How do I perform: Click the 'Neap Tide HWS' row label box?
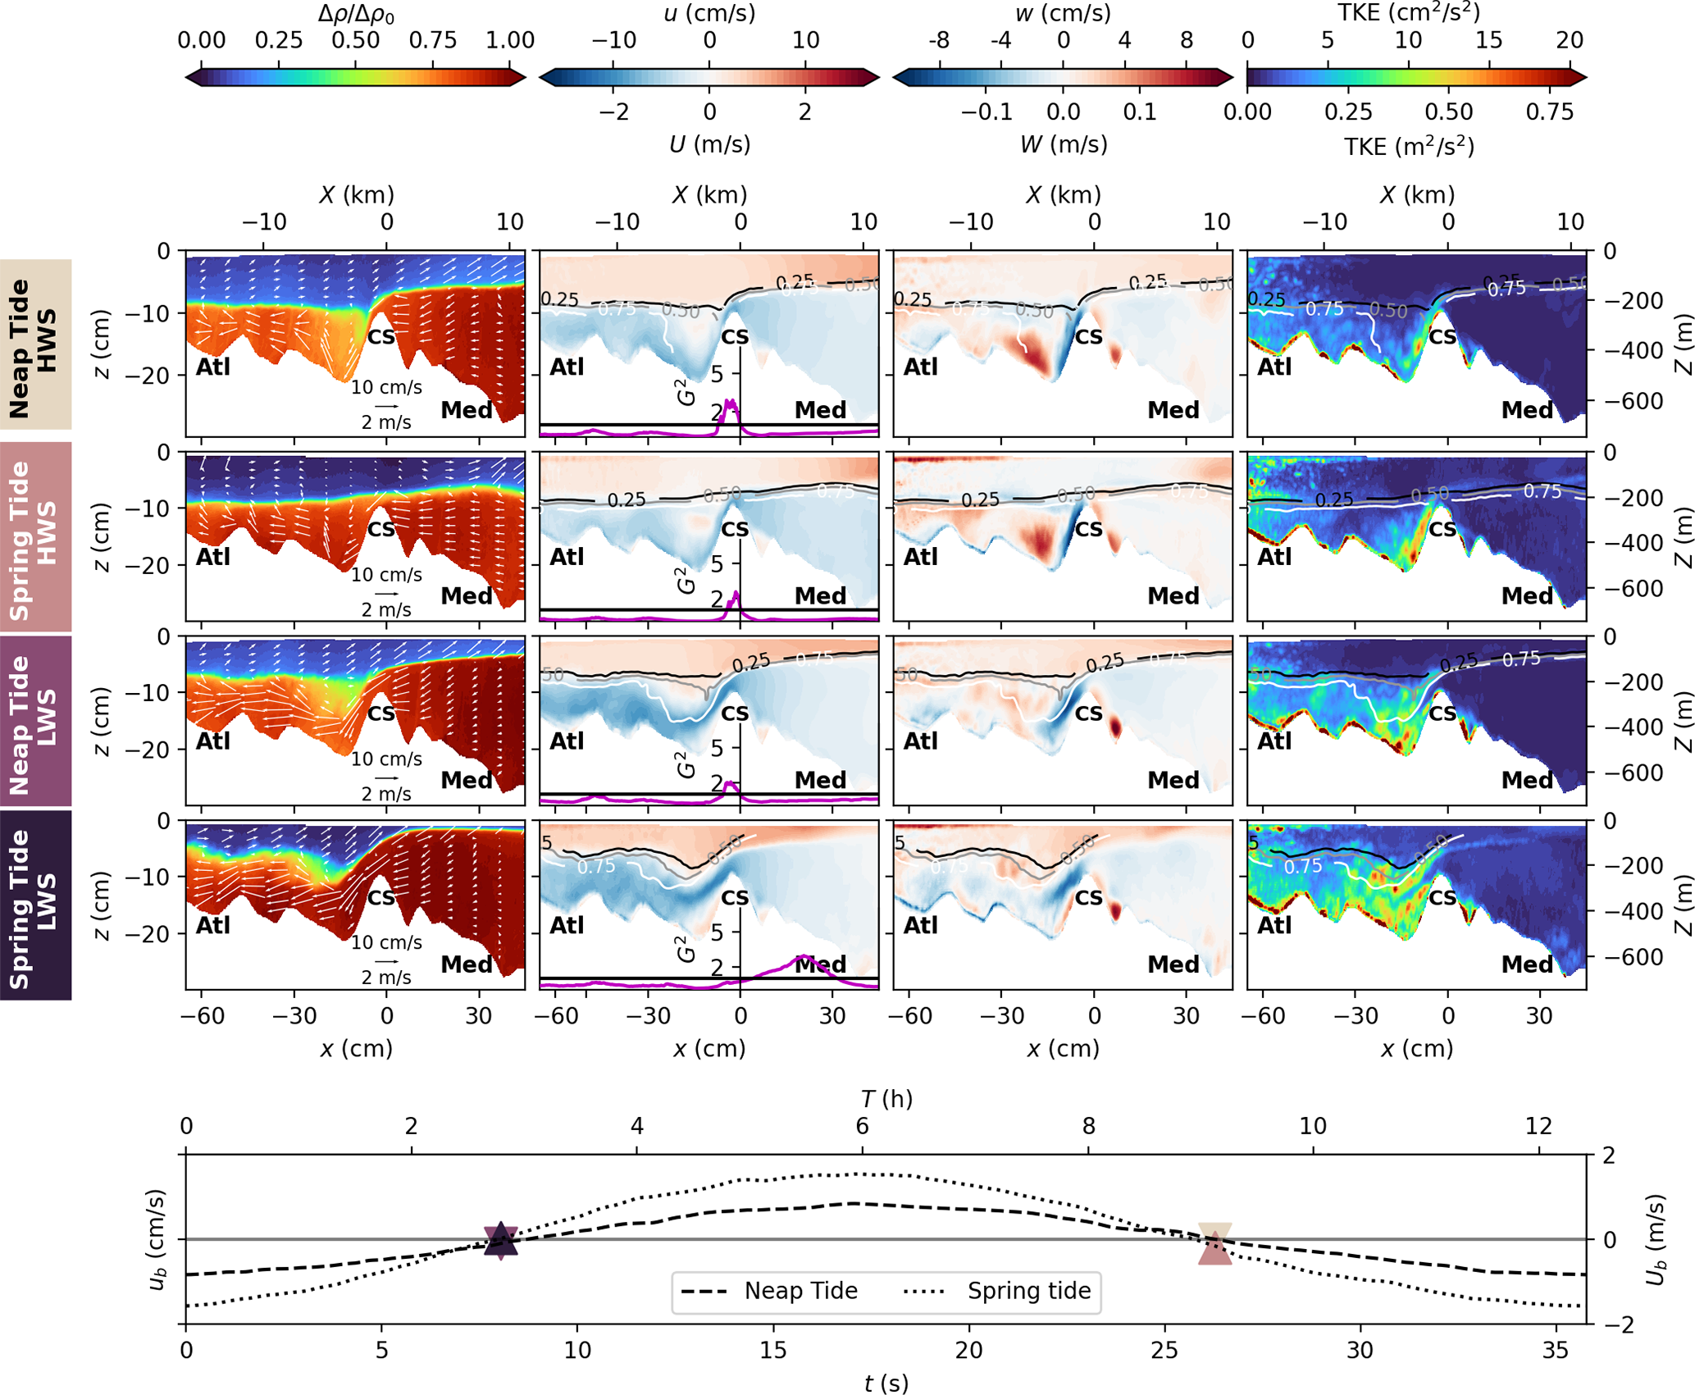point(35,344)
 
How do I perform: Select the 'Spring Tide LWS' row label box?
point(35,905)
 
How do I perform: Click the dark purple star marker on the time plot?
point(500,1240)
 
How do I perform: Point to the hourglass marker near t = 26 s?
point(1214,1243)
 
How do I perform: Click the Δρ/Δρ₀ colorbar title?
point(356,14)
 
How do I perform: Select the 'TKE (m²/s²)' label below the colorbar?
point(1409,146)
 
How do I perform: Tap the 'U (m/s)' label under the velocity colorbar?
point(709,144)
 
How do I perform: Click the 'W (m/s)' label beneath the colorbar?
point(1063,144)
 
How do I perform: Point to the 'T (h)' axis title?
point(886,1099)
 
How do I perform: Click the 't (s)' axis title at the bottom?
point(886,1384)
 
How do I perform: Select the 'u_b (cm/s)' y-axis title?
point(157,1238)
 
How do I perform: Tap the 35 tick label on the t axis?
point(1555,1351)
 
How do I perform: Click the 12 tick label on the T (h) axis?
point(1538,1126)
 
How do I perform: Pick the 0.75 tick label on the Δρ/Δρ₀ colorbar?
point(432,41)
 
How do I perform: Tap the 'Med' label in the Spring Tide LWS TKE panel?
point(1527,964)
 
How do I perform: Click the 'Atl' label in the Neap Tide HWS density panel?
point(212,367)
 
